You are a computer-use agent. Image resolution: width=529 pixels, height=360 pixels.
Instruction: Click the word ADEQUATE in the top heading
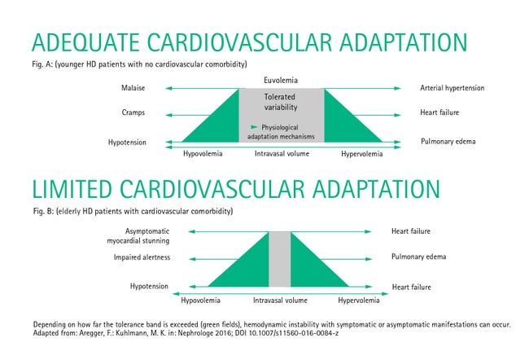tap(85, 42)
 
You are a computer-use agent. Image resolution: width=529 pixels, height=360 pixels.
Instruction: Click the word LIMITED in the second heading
tap(72, 189)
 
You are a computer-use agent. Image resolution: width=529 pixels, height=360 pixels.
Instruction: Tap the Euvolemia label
tap(281, 81)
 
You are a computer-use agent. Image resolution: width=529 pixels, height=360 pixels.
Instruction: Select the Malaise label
tap(133, 88)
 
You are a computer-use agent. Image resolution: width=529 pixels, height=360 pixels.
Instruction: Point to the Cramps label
tap(133, 112)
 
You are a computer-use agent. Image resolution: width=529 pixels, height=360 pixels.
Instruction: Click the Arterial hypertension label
tap(452, 88)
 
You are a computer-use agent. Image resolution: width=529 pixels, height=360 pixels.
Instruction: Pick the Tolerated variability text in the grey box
tap(280, 102)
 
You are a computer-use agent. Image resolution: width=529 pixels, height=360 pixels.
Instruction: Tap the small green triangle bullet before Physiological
tap(255, 127)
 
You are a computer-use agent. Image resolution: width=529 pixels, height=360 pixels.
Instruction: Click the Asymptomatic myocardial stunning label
tap(138, 235)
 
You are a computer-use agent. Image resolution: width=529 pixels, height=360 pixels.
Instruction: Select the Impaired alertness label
tap(142, 257)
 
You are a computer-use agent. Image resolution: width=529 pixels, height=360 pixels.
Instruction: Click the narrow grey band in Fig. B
tap(280, 259)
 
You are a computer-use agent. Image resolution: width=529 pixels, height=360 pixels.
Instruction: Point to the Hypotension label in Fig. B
tap(149, 287)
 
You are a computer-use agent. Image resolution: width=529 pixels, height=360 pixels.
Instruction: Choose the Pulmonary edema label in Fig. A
tap(448, 142)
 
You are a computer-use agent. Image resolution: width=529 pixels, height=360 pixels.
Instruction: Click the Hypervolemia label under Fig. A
tap(361, 154)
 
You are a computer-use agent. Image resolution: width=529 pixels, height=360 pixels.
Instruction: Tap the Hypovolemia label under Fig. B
tap(200, 301)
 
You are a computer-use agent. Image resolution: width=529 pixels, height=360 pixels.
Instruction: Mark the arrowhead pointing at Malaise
tap(168, 89)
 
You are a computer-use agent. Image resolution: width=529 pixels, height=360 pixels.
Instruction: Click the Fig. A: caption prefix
tap(42, 64)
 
